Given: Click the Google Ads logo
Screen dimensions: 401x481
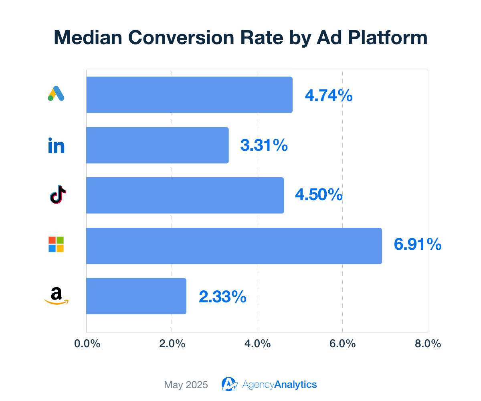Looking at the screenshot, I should [x=56, y=93].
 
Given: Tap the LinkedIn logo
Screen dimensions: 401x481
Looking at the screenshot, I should [x=56, y=145].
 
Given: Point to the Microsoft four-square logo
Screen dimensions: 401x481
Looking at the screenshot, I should [x=56, y=244].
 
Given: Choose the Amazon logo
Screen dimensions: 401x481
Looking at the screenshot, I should [x=56, y=296].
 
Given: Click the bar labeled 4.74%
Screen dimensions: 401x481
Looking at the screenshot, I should [x=189, y=95].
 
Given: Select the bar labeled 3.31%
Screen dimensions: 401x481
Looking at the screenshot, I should [x=157, y=145].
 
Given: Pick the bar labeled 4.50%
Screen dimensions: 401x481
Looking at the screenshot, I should [x=185, y=195].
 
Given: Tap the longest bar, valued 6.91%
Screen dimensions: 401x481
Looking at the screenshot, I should [x=234, y=246].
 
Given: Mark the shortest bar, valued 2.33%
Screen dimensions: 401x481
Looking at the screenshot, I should [x=136, y=296].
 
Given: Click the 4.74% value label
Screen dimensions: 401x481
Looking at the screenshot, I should [x=329, y=96].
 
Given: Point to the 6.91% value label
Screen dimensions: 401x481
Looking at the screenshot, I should [x=418, y=245].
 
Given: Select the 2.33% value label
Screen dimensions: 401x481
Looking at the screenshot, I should [x=222, y=297].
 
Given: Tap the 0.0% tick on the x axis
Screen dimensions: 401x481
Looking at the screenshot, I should [x=87, y=344].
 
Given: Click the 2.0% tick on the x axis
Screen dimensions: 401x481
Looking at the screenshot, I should [x=172, y=344].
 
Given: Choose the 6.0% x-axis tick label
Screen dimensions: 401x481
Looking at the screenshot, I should [x=343, y=344].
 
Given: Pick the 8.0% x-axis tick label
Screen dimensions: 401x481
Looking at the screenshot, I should [x=428, y=344].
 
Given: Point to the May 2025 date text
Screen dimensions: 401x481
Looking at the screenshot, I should [x=186, y=385].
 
